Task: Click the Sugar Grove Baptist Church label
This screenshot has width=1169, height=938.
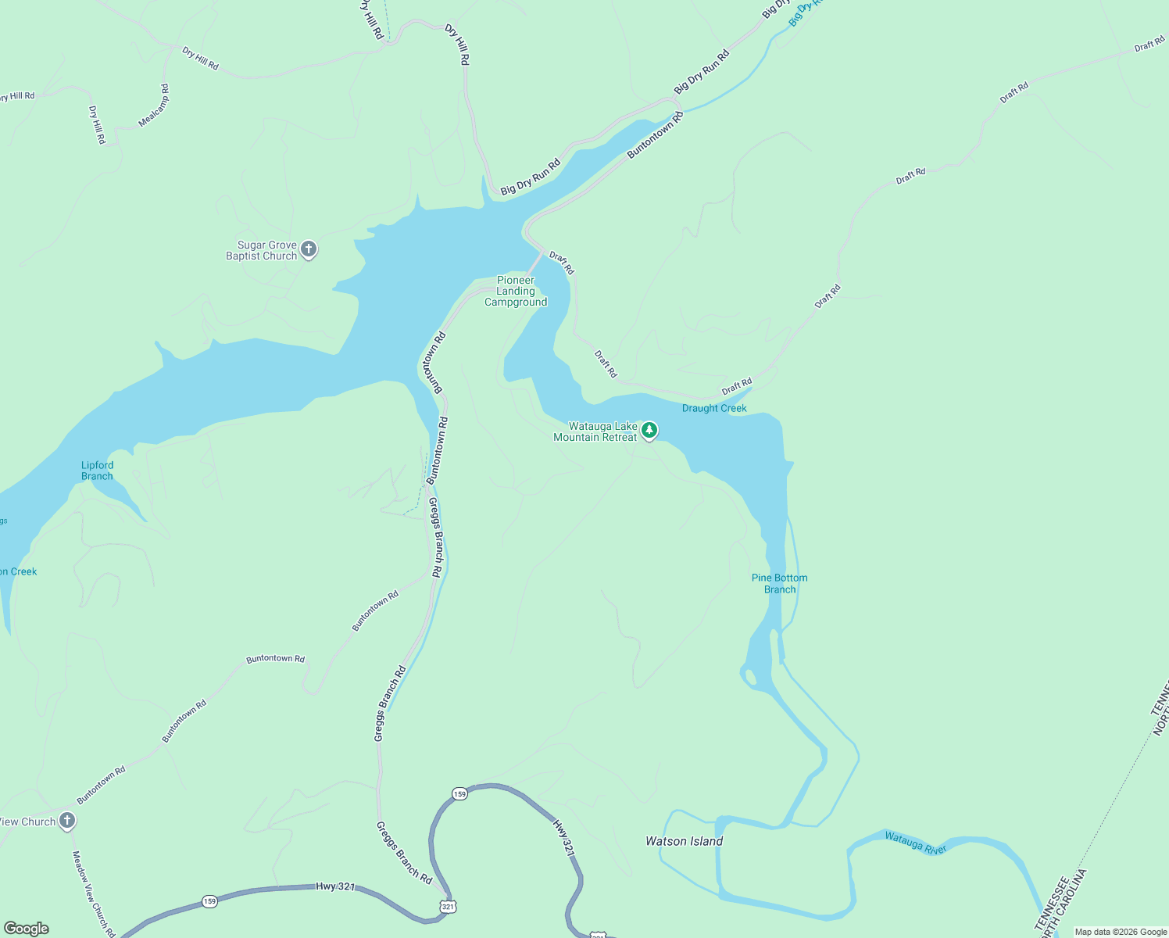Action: point(262,251)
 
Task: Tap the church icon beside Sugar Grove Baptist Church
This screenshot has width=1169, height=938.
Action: point(309,250)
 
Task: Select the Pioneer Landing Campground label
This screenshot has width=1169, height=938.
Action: point(516,292)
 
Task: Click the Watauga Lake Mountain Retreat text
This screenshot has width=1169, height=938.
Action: point(595,432)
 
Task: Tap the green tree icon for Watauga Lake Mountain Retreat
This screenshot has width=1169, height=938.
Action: point(649,430)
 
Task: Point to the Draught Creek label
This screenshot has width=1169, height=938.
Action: point(714,408)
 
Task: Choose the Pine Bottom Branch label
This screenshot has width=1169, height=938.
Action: point(779,584)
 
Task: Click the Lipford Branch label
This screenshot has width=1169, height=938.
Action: point(97,471)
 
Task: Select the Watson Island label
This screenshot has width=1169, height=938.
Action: point(684,841)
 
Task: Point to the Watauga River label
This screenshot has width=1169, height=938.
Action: point(915,843)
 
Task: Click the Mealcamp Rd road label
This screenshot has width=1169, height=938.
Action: point(154,106)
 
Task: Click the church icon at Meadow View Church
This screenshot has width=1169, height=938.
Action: point(67,821)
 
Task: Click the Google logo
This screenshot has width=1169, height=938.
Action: point(26,929)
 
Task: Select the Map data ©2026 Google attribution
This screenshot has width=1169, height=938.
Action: point(1121,932)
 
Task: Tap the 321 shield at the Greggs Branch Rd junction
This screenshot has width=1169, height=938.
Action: point(447,907)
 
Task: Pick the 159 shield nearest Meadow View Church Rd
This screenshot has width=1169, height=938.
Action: point(209,901)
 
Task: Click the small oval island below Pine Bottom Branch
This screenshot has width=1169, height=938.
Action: point(749,675)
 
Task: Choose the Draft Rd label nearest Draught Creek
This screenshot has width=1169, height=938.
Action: point(736,386)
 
